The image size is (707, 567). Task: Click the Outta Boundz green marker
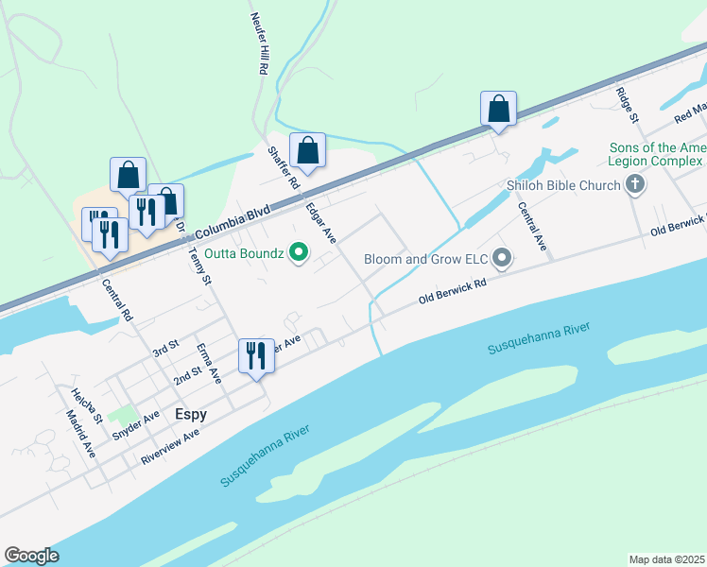pyautogui.click(x=299, y=252)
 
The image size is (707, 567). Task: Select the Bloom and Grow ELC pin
pyautogui.click(x=503, y=257)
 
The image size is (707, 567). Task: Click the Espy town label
pyautogui.click(x=191, y=414)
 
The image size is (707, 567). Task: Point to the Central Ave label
pyautogui.click(x=532, y=228)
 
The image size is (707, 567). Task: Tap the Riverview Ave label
pyautogui.click(x=170, y=446)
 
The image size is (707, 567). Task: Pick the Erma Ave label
pyautogui.click(x=209, y=362)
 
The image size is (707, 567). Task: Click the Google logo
pyautogui.click(x=31, y=556)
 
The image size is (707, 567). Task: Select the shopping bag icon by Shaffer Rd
pyautogui.click(x=307, y=150)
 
